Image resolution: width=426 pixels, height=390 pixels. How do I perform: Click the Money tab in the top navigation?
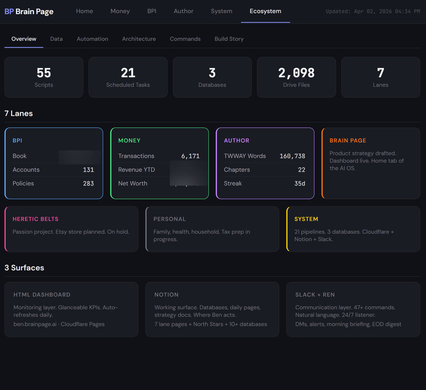tap(120, 11)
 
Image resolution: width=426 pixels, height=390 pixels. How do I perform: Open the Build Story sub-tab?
tap(229, 39)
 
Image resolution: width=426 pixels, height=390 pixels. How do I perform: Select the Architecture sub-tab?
tap(139, 39)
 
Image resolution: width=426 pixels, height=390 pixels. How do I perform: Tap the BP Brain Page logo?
tap(29, 11)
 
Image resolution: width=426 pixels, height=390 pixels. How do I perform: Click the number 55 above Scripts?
tap(44, 73)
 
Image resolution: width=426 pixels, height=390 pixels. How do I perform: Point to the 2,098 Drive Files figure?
tap(296, 73)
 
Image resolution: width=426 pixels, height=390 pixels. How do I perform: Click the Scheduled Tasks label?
tap(128, 85)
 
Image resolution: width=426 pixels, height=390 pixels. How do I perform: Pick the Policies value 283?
tap(88, 184)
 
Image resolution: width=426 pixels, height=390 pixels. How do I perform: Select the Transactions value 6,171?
tap(190, 156)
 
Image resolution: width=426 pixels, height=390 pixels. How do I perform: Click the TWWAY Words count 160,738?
tap(292, 156)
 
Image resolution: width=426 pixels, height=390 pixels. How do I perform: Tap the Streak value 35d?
tap(300, 184)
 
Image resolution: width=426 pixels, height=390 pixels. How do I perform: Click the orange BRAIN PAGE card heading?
tap(348, 141)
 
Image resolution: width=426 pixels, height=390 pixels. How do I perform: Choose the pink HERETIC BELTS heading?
tap(35, 219)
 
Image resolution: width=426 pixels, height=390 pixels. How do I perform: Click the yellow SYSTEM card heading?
tap(306, 219)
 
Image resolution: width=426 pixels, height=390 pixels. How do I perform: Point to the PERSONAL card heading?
tap(169, 219)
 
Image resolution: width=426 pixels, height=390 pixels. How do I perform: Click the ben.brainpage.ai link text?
tap(35, 324)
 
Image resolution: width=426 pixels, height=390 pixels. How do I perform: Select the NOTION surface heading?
tap(166, 295)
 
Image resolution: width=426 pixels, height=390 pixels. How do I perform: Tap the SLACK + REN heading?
tap(315, 295)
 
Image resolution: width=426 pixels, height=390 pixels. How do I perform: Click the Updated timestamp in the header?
tap(373, 11)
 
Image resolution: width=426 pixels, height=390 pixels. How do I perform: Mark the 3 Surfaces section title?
tap(24, 268)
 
